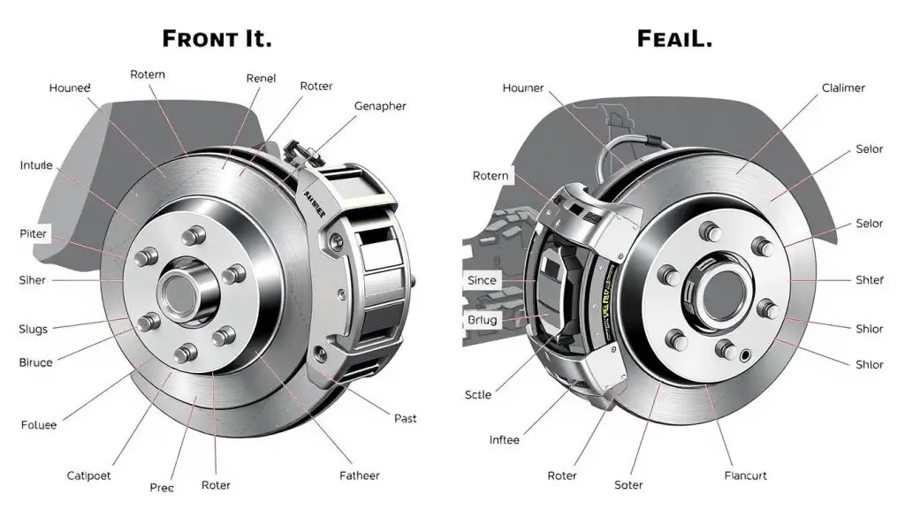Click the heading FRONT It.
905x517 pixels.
pos(217,39)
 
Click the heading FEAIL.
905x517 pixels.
pos(675,39)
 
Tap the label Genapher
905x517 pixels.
pos(380,106)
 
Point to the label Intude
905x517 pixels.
pos(36,165)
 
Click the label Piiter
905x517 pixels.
pos(34,233)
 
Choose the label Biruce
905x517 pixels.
pos(36,362)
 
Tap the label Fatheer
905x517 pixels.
pos(359,475)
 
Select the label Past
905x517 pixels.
pos(406,418)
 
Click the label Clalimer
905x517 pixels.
pos(843,88)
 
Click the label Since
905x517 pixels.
pos(482,280)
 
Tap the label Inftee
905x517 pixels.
pos(505,439)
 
